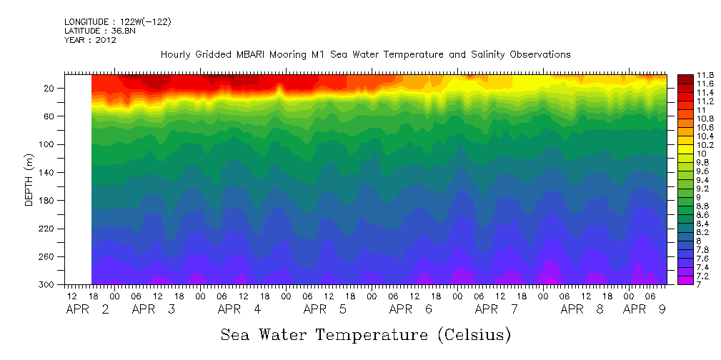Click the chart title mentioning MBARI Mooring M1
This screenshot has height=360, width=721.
pos(365,54)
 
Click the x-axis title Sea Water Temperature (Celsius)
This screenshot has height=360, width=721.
pos(365,334)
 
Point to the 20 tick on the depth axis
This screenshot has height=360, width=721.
pos(49,89)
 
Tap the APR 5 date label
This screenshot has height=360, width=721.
pos(325,309)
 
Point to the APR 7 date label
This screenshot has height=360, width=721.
pos(497,309)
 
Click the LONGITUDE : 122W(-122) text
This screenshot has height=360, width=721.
pos(117,22)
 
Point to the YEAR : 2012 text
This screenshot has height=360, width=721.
pos(90,40)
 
